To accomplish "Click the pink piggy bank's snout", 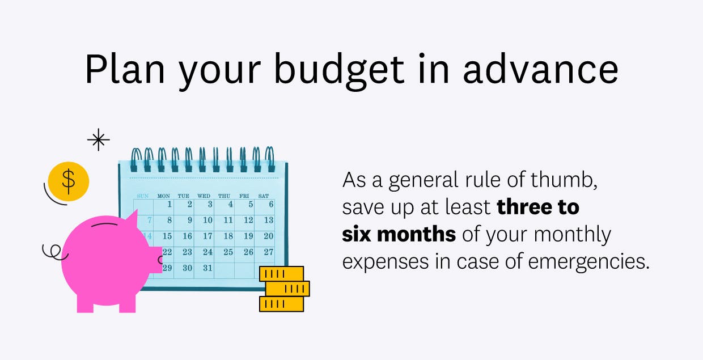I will pos(155,260).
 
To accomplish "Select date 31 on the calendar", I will pos(207,268).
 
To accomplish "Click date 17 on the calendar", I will pos(207,236).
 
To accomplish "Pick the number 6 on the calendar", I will pos(271,204).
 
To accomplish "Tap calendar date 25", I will pos(228,252).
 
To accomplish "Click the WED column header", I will pos(204,196).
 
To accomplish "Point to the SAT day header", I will pos(264,196).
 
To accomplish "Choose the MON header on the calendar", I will pos(163,196).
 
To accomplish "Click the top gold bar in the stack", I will pos(281,274).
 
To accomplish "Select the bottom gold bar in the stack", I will pos(281,304).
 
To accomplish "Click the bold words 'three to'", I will pos(538,207).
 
